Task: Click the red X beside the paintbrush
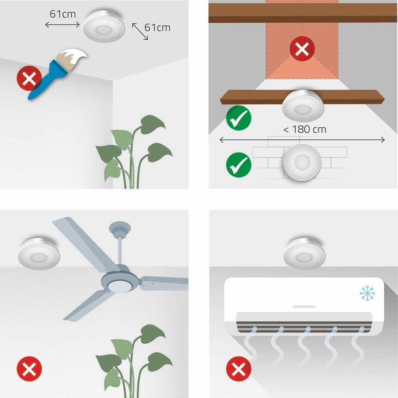29,78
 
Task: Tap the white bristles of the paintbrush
73,56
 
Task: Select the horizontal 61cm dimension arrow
62,25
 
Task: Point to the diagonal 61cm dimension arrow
140,32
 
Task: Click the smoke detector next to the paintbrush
104,26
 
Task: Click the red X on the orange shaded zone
302,49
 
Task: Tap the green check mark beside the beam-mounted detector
239,118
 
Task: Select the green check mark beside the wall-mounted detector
239,165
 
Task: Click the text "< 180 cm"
305,129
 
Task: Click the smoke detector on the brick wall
302,163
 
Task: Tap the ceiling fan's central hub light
120,285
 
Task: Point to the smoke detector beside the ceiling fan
39,254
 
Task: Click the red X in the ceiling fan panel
29,369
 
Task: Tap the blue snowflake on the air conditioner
367,293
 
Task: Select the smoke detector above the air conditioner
305,254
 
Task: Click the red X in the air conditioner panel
239,369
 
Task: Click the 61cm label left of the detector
62,14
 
